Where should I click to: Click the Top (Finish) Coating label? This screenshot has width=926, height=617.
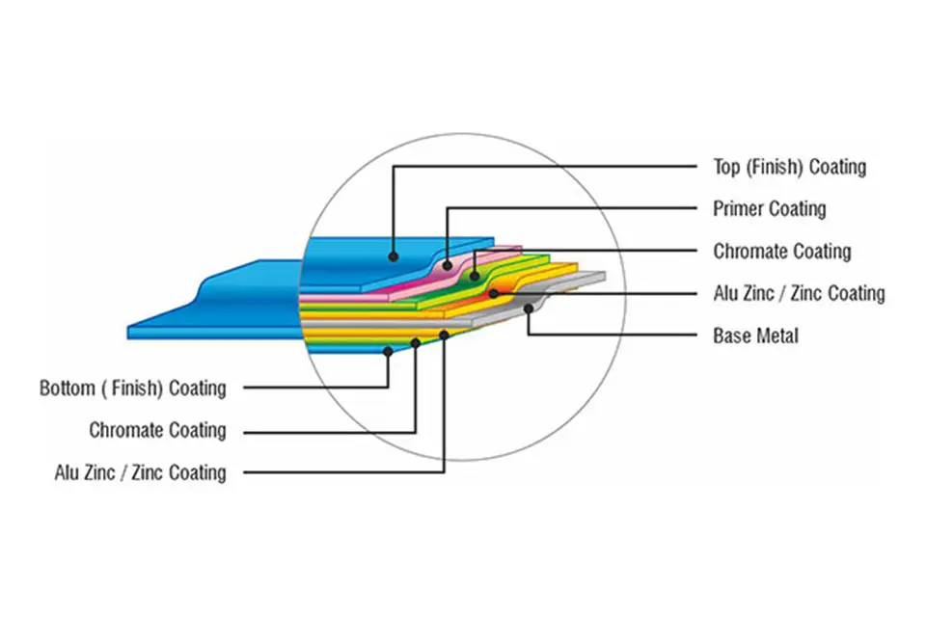coord(790,167)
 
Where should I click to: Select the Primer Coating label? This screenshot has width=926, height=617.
coord(770,208)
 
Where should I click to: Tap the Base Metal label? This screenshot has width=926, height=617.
coord(755,335)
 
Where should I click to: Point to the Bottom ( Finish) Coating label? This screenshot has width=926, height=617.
coord(133,389)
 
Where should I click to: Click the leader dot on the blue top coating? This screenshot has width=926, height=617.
coord(394,256)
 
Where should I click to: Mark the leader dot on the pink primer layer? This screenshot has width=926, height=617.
coord(448,265)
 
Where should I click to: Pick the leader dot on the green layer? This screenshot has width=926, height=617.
coord(475,276)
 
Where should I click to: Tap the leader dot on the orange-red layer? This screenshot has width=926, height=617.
coord(494,293)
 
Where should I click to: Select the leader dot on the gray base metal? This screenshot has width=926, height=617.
coord(529,308)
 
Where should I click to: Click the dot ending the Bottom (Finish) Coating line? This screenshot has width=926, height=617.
coord(388,351)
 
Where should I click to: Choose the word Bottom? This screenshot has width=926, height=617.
coord(68,389)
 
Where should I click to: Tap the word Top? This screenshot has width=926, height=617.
coord(726,168)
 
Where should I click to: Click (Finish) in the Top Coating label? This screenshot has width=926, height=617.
coord(775,167)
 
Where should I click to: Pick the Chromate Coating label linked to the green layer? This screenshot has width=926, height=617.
coord(782,252)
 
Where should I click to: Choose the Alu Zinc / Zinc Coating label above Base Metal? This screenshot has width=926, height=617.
coord(799,293)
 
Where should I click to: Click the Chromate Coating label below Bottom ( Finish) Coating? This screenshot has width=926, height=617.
coord(157,430)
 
